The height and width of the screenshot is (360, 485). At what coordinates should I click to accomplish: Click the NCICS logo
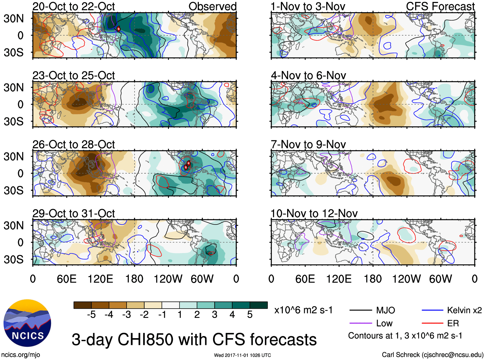tap(27, 323)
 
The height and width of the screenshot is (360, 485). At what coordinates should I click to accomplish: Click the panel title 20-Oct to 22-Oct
tap(74, 6)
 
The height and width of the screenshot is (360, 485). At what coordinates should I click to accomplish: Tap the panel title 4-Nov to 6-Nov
tap(308, 75)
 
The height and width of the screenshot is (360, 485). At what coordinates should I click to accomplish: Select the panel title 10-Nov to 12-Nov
tap(314, 214)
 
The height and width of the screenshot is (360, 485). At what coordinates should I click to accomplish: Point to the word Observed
tap(212, 6)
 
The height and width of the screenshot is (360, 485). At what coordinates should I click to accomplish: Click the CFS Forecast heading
tap(440, 6)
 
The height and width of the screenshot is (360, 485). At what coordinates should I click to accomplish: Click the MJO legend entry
tap(385, 310)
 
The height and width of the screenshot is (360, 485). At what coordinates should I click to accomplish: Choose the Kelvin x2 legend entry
tap(464, 310)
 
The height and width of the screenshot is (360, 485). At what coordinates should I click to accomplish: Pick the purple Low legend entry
tap(384, 323)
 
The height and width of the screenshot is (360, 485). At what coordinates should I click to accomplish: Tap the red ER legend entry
tap(453, 323)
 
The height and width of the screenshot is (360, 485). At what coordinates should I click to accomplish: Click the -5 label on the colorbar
tap(91, 315)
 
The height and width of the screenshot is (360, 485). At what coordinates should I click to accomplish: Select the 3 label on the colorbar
tap(215, 315)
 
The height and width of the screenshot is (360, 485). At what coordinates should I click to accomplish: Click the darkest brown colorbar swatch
tap(83, 305)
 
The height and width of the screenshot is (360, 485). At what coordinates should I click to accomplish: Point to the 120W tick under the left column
tap(168, 279)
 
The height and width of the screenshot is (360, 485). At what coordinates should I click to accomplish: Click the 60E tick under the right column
tap(305, 279)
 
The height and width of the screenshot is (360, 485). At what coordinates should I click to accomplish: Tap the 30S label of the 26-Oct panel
tap(13, 190)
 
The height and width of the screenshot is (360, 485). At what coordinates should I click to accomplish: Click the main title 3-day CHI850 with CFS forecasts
tap(194, 340)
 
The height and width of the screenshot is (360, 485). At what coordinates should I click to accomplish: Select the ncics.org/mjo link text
tap(21, 355)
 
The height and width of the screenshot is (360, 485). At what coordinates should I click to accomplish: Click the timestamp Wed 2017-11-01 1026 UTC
tap(242, 355)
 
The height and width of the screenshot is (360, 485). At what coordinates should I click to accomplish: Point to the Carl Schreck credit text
tap(432, 355)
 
